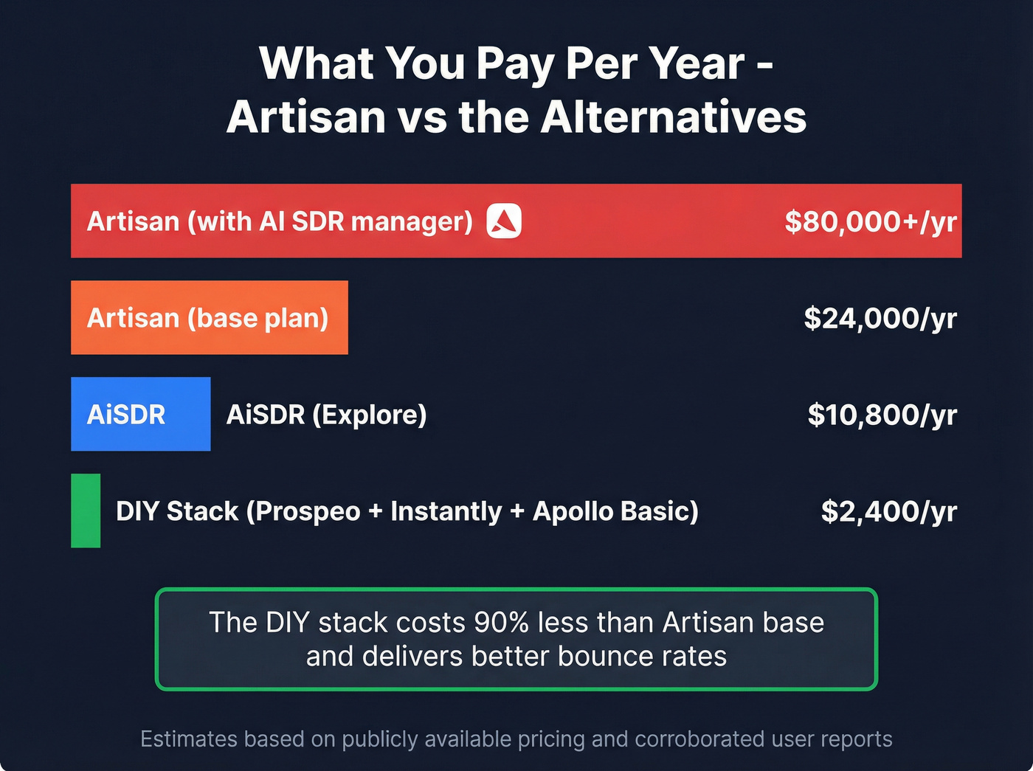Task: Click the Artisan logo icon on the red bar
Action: click(504, 221)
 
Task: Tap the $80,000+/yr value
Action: click(870, 221)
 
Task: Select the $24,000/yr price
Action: click(880, 318)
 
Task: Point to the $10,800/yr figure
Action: click(882, 415)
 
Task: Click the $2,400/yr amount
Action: click(888, 511)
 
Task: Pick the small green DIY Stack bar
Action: click(86, 511)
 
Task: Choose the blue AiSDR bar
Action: click(140, 414)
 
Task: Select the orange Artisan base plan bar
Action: click(209, 317)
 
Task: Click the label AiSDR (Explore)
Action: click(326, 415)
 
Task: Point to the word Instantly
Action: click(446, 511)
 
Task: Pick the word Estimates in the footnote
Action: click(188, 739)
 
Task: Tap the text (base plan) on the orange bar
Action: click(258, 318)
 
